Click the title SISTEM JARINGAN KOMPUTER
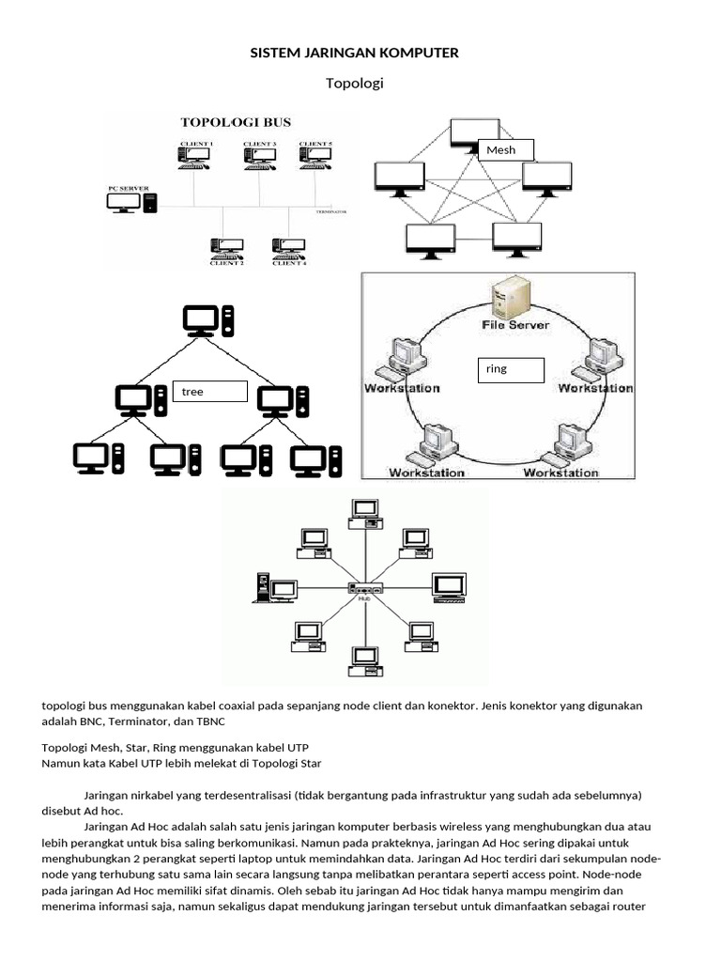pyautogui.click(x=354, y=54)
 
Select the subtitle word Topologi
pyautogui.click(x=354, y=84)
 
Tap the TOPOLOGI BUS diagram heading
pyautogui.click(x=236, y=122)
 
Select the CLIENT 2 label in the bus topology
pyautogui.click(x=228, y=264)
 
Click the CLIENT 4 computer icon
pyautogui.click(x=287, y=246)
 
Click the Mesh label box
pyautogui.click(x=506, y=149)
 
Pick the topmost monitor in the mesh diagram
pyautogui.click(x=474, y=133)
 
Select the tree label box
pyautogui.click(x=209, y=392)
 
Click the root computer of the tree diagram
pyautogui.click(x=208, y=320)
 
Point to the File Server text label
pyautogui.click(x=515, y=325)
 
